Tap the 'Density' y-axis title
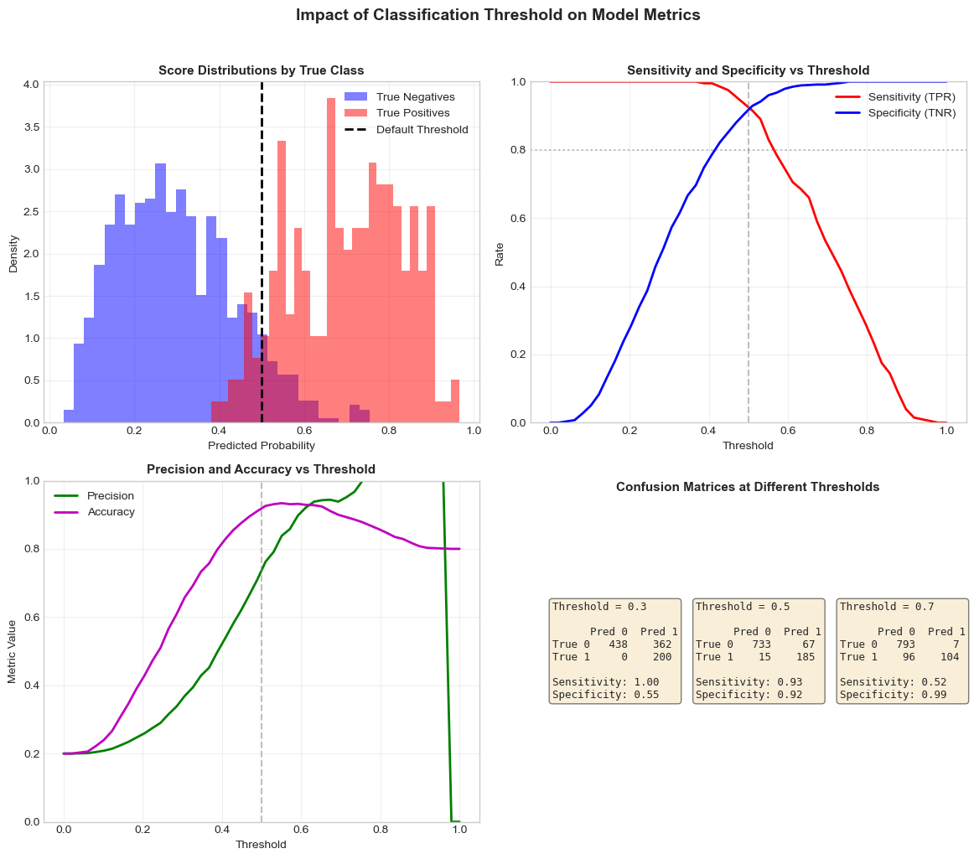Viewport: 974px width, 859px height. [13, 252]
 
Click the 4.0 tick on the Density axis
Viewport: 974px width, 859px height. [31, 85]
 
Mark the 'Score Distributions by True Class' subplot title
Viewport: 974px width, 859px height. [262, 70]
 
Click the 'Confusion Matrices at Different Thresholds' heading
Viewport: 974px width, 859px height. [748, 487]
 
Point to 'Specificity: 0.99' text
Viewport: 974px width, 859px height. [893, 695]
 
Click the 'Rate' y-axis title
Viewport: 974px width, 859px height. [500, 252]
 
